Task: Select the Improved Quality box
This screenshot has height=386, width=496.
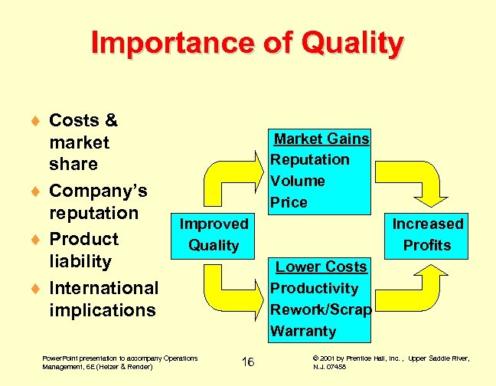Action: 214,235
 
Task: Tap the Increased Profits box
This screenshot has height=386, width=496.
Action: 428,235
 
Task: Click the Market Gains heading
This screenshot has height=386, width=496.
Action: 321,139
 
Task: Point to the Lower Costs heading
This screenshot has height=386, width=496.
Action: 321,267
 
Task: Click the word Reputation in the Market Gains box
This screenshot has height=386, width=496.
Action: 310,160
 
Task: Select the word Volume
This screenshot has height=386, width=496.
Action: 299,182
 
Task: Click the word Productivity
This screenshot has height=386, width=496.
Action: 315,288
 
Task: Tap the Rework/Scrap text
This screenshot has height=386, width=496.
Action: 321,309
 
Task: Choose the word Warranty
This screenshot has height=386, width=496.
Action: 304,331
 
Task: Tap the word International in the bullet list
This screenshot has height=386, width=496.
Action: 103,288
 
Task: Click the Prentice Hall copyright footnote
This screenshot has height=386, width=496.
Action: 390,362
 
